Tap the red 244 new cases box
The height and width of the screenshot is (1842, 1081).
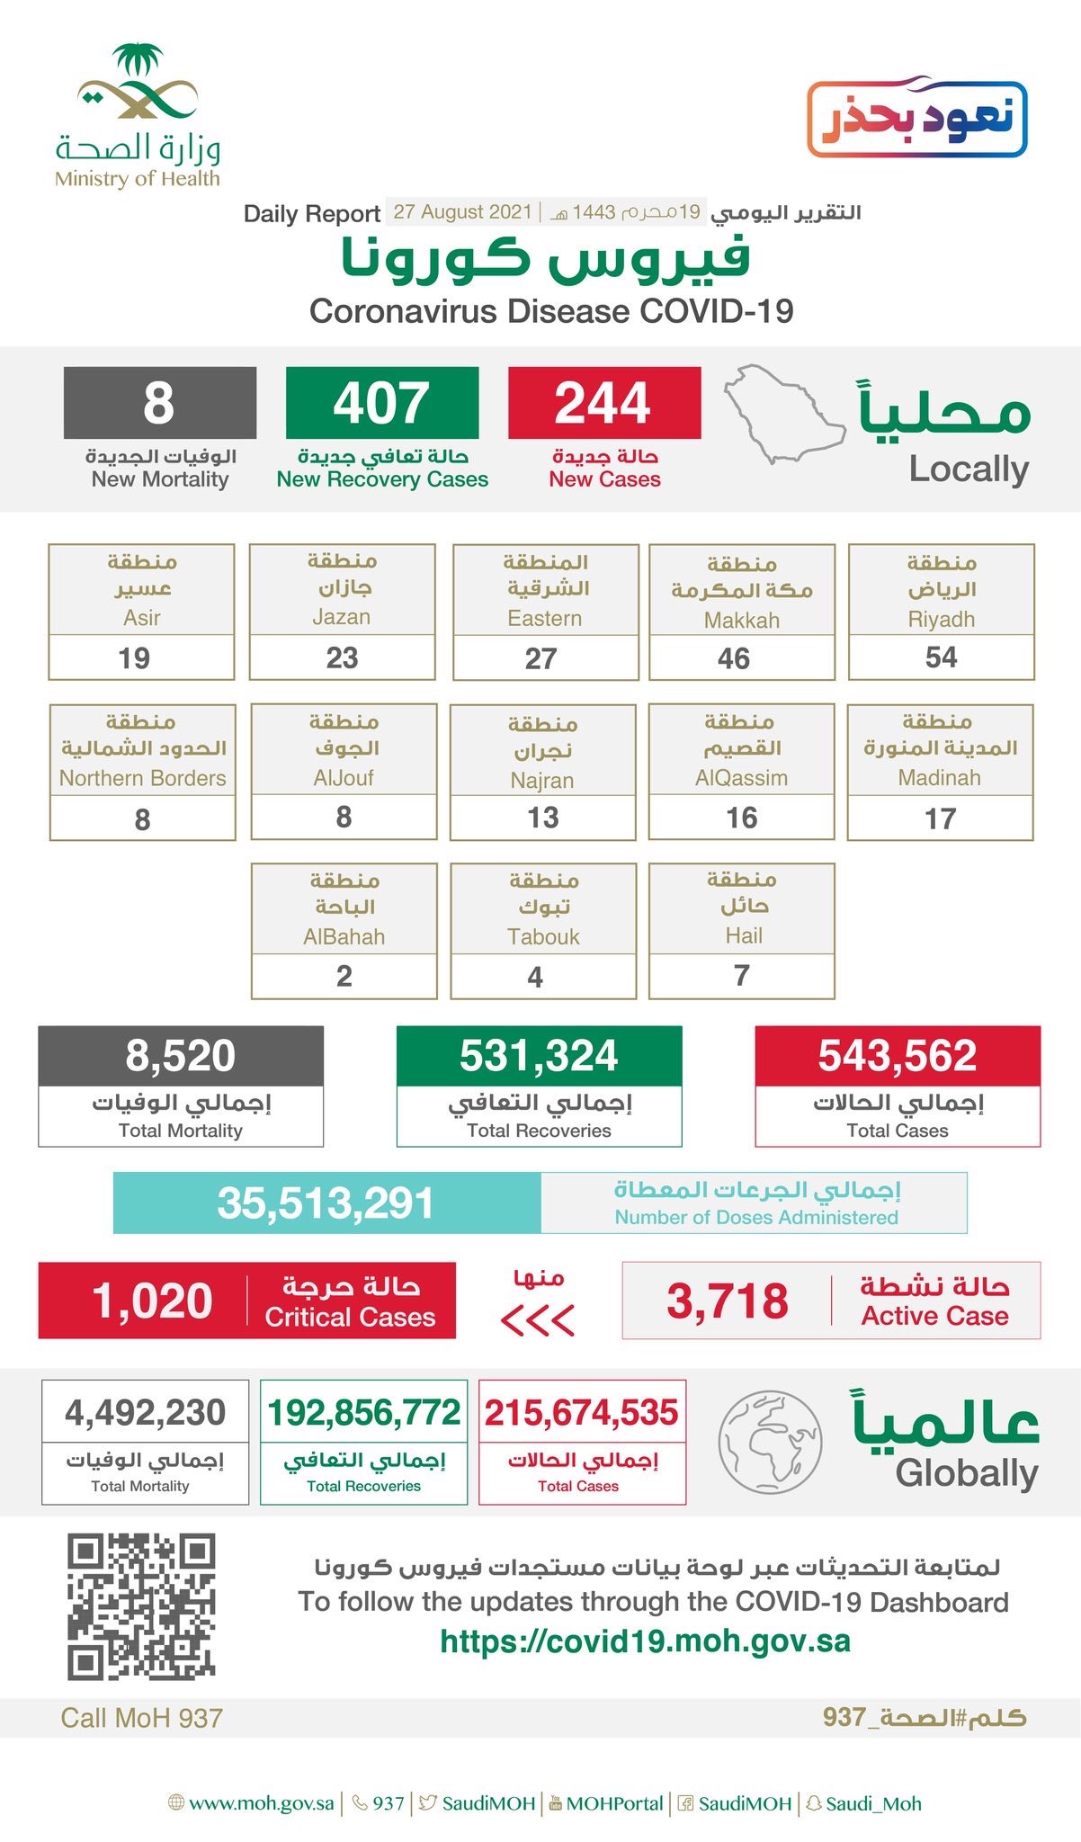tap(603, 402)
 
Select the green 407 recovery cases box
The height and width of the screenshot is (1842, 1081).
tap(381, 402)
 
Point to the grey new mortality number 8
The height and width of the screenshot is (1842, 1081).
tap(159, 402)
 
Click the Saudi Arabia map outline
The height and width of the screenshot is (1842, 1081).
tap(782, 413)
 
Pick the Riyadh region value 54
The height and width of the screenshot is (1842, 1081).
tap(941, 657)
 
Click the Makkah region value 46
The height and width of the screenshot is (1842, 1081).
tap(734, 658)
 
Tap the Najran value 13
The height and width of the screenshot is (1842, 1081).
tap(542, 818)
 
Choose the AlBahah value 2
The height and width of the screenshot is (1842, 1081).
tap(344, 977)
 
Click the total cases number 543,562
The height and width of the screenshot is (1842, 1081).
tap(897, 1056)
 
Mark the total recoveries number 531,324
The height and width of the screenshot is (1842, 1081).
tap(539, 1056)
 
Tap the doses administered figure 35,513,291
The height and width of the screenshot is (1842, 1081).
tap(326, 1203)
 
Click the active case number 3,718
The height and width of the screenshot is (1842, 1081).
tap(727, 1301)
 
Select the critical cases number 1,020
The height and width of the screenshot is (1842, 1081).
tap(153, 1301)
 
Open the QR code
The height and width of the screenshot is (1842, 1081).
tap(141, 1607)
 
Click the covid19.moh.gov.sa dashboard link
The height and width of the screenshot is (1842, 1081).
tap(645, 1641)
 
